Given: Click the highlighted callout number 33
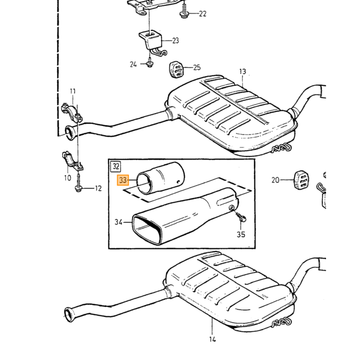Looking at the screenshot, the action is tap(123, 180).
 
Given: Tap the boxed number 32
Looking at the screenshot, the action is tap(116, 167).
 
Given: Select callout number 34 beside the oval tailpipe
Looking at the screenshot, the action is tap(118, 222).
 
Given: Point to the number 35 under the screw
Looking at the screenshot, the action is tap(241, 235).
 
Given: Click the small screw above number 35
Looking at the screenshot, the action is tap(241, 217).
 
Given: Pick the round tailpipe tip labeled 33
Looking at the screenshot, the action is tap(160, 178).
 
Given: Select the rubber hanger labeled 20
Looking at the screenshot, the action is tap(301, 180).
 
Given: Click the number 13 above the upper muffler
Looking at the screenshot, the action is tap(242, 71).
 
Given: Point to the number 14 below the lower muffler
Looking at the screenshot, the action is tap(212, 339).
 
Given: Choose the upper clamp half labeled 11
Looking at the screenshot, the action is tap(72, 113).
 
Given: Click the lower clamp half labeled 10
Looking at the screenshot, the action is tap(73, 160).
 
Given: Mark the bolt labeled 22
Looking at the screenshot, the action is tap(184, 11).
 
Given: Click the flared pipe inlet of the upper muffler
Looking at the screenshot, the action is tap(70, 133).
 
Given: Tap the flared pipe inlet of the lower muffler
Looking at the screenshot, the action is tap(69, 314).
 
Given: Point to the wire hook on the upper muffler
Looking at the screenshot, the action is tap(281, 148).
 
